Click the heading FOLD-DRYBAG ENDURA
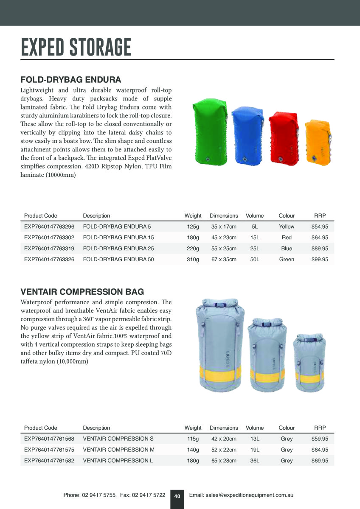click(x=71, y=80)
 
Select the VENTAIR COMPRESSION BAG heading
click(x=82, y=292)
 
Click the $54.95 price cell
click(x=320, y=227)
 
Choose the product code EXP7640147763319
click(x=49, y=249)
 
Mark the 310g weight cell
click(x=193, y=260)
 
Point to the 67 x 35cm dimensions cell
click(x=224, y=260)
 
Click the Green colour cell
click(x=287, y=260)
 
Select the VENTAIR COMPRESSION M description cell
click(x=118, y=450)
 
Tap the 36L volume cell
click(x=255, y=461)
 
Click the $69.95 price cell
click(x=320, y=461)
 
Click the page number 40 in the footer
click(x=177, y=496)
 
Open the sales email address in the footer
click(x=241, y=495)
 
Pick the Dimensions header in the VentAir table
click(x=224, y=428)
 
